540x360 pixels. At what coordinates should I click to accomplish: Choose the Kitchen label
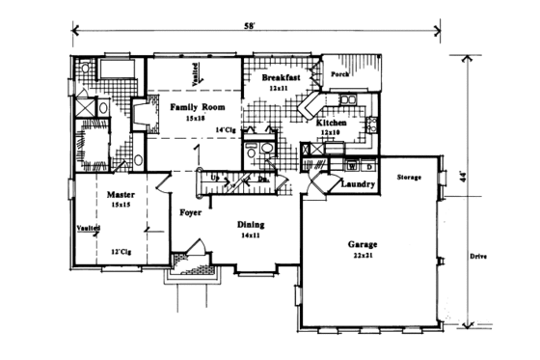pyautogui.click(x=334, y=123)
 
